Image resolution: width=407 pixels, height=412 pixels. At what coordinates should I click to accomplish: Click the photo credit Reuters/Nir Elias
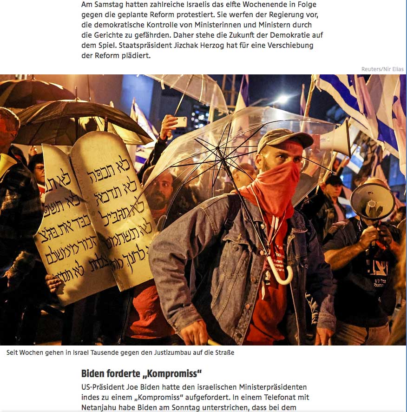(x=382, y=69)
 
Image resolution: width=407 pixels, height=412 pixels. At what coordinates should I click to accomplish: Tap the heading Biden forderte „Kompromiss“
(x=141, y=373)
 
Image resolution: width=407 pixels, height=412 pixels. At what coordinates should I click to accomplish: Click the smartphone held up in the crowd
(x=181, y=122)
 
